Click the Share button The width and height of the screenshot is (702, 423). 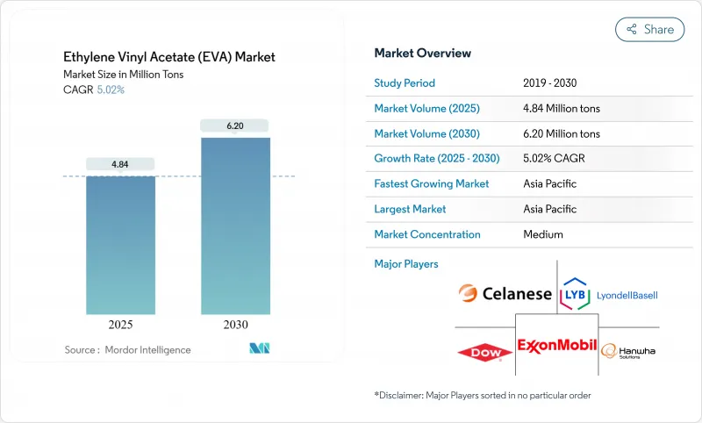click(650, 29)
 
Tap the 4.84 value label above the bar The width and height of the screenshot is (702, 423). click(120, 164)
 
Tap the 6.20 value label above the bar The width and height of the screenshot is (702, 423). click(235, 125)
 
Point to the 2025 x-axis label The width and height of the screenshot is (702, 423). click(120, 324)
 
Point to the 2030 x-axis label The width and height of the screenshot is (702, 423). click(235, 324)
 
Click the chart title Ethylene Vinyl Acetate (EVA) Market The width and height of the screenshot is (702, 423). click(169, 57)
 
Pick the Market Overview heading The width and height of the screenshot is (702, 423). click(422, 54)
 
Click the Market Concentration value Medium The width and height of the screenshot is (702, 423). click(543, 234)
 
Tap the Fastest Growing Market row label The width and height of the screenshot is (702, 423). click(432, 184)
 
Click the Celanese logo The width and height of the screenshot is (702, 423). click(505, 294)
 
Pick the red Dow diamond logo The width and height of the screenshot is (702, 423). click(484, 353)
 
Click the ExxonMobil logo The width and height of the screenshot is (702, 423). click(557, 346)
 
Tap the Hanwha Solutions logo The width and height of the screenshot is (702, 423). click(628, 350)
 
